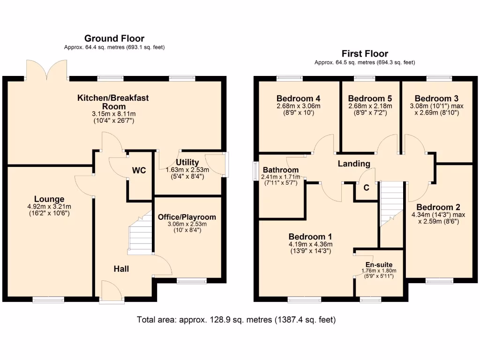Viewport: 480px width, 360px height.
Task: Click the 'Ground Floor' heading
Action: pyautogui.click(x=114, y=38)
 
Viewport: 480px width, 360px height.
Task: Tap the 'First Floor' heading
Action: pyautogui.click(x=365, y=53)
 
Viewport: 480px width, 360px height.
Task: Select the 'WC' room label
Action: pyautogui.click(x=139, y=171)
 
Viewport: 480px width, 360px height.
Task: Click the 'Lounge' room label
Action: pyautogui.click(x=49, y=199)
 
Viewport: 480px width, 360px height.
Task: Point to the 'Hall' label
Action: pyautogui.click(x=121, y=269)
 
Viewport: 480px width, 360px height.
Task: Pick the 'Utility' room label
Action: pyautogui.click(x=187, y=163)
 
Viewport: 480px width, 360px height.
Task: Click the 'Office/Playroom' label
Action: pyautogui.click(x=187, y=217)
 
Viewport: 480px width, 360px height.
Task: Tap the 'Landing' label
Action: pyautogui.click(x=355, y=164)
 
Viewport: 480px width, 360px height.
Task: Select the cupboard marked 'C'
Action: pyautogui.click(x=367, y=187)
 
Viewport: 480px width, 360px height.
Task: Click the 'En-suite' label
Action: pyautogui.click(x=379, y=265)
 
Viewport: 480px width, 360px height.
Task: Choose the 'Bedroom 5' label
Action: pyautogui.click(x=370, y=98)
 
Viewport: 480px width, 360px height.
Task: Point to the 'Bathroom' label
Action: pyautogui.click(x=280, y=170)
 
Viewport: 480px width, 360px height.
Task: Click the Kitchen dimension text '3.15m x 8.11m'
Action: pyautogui.click(x=113, y=114)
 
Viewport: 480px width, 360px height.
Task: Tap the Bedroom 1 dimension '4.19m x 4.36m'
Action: pyautogui.click(x=310, y=244)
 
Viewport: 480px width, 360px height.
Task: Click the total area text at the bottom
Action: pyautogui.click(x=236, y=320)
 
